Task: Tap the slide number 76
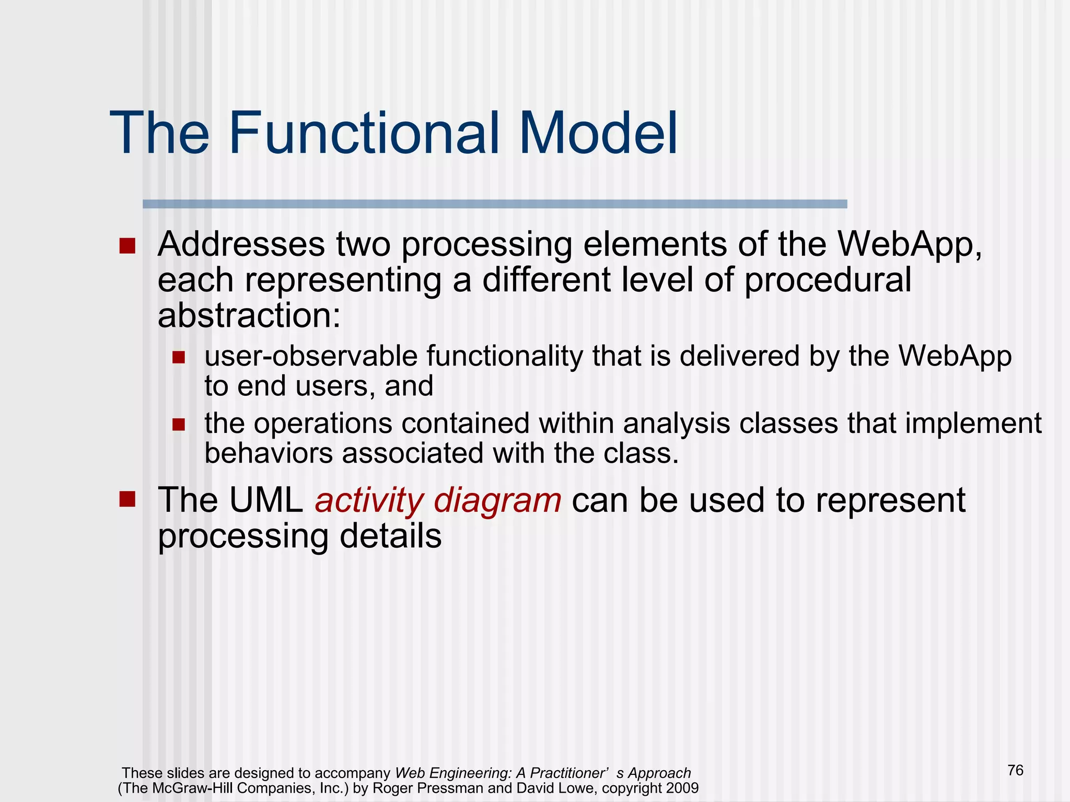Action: pos(1015,770)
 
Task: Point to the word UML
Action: pos(266,500)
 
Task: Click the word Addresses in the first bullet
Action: pos(241,244)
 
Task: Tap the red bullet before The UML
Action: pos(127,499)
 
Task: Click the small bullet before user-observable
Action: pos(179,358)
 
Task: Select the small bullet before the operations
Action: pos(179,424)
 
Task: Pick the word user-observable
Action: pos(311,357)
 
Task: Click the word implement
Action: pos(973,423)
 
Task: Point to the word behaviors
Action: pos(268,453)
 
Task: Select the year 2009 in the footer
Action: pos(682,788)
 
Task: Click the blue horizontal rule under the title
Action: pos(494,204)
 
